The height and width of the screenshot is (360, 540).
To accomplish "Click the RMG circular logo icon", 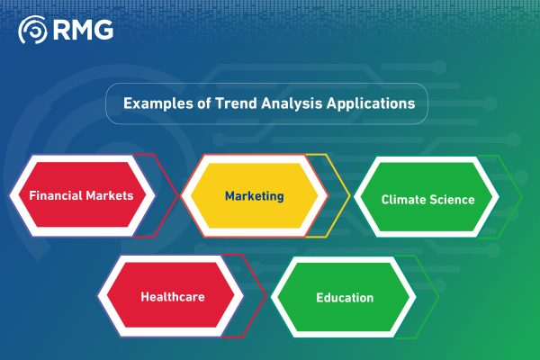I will click(33, 30).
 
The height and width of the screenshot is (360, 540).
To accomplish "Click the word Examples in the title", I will click(153, 103).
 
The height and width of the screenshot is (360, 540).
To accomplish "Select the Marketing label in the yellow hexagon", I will click(254, 195).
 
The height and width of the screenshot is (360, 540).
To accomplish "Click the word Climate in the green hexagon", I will click(404, 199).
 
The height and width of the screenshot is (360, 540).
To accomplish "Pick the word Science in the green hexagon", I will click(452, 199).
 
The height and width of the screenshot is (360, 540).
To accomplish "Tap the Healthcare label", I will click(171, 297).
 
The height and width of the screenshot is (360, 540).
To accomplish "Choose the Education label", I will click(345, 297).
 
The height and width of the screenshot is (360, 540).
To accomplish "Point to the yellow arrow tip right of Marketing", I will click(347, 194).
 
